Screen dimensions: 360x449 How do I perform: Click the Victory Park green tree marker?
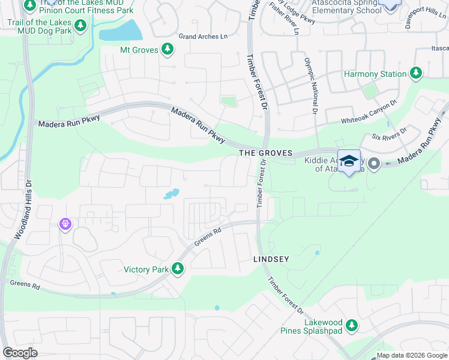pos(177,269)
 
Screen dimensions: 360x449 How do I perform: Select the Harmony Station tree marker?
pos(415,73)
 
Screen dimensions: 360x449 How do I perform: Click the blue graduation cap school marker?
pos(349,161)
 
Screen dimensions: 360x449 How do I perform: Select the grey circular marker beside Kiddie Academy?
pos(373,163)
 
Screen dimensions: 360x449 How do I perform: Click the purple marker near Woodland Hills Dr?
pos(65,224)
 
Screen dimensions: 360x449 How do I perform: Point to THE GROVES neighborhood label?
pos(265,154)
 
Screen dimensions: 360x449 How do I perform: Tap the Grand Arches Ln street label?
pos(203,37)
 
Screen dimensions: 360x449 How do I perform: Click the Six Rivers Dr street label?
pos(390,133)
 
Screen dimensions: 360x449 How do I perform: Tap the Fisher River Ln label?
pos(284,18)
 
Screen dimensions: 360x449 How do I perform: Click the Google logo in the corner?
pos(20,353)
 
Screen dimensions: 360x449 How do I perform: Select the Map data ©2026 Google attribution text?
pos(412,355)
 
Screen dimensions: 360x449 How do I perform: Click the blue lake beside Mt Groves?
pos(120,31)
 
